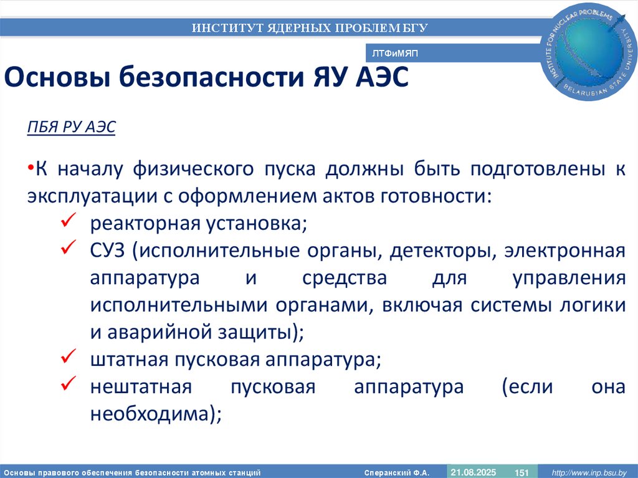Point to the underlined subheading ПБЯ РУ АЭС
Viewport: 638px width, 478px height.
click(71, 127)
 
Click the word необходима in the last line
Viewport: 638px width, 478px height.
click(151, 414)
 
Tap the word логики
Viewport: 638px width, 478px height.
click(593, 305)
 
